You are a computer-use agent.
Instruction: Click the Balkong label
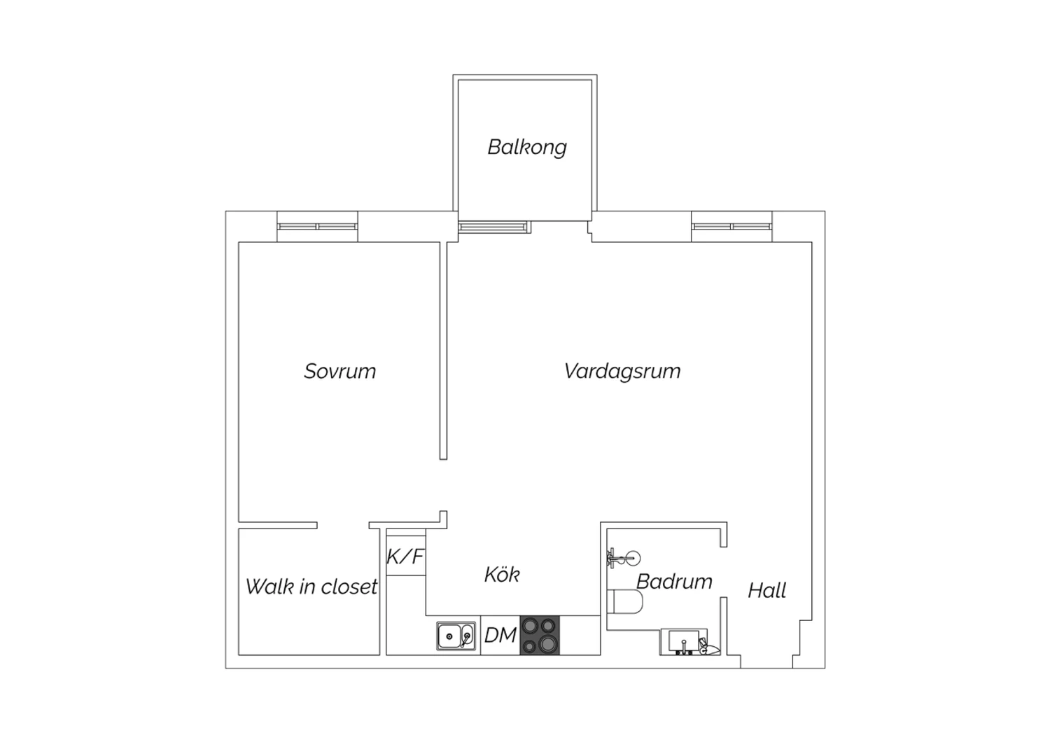[x=527, y=147]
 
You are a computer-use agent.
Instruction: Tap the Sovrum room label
[x=339, y=371]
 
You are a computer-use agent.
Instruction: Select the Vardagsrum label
[x=622, y=371]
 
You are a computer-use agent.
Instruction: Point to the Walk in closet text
[x=311, y=587]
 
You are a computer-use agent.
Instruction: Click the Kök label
[x=502, y=574]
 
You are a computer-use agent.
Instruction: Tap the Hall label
[x=767, y=591]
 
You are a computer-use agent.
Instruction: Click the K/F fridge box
[x=406, y=556]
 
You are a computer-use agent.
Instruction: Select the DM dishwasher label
[x=500, y=636]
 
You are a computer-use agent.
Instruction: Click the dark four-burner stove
[x=540, y=635]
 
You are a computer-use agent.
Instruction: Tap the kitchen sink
[x=456, y=636]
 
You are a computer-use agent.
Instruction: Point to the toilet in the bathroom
[x=625, y=601]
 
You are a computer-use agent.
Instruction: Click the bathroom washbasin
[x=684, y=642]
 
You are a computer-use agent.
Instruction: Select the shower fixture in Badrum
[x=624, y=558]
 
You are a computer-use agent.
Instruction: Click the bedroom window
[x=317, y=226]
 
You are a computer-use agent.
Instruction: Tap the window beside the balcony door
[x=493, y=227]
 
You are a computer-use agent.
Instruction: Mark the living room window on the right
[x=731, y=226]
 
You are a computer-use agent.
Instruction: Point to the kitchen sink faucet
[x=465, y=638]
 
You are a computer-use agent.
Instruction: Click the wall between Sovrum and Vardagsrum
[x=443, y=351]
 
